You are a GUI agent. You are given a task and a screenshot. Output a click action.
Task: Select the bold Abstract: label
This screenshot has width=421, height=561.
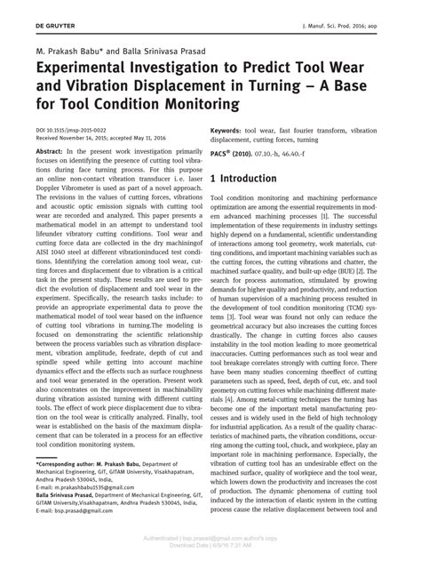coord(51,153)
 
